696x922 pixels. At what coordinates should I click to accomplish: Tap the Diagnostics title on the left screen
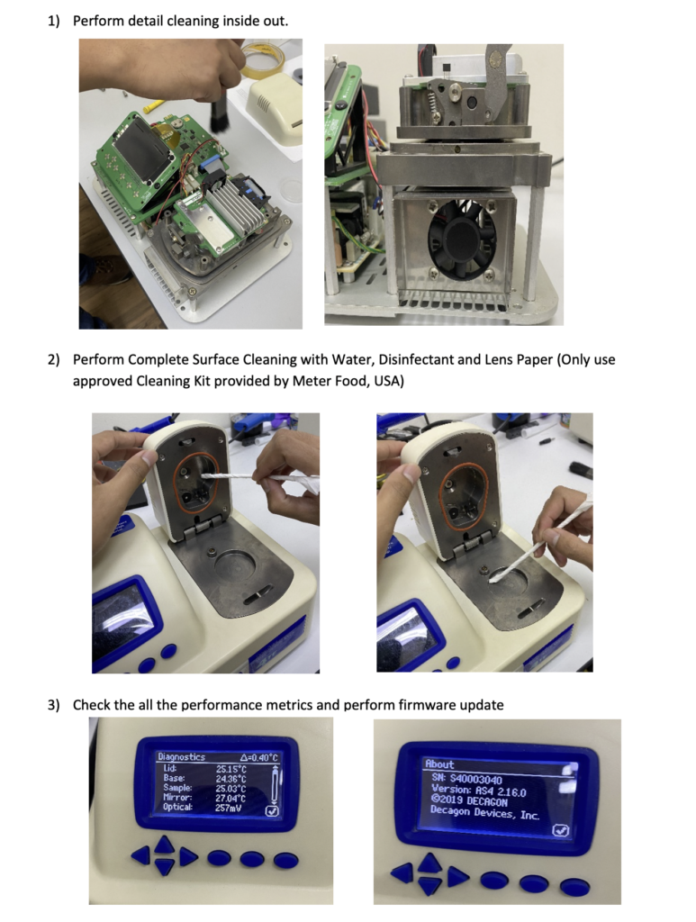[182, 757]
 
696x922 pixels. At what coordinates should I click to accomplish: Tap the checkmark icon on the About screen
[561, 831]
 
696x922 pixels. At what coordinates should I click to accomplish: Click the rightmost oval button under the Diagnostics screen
[285, 861]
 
